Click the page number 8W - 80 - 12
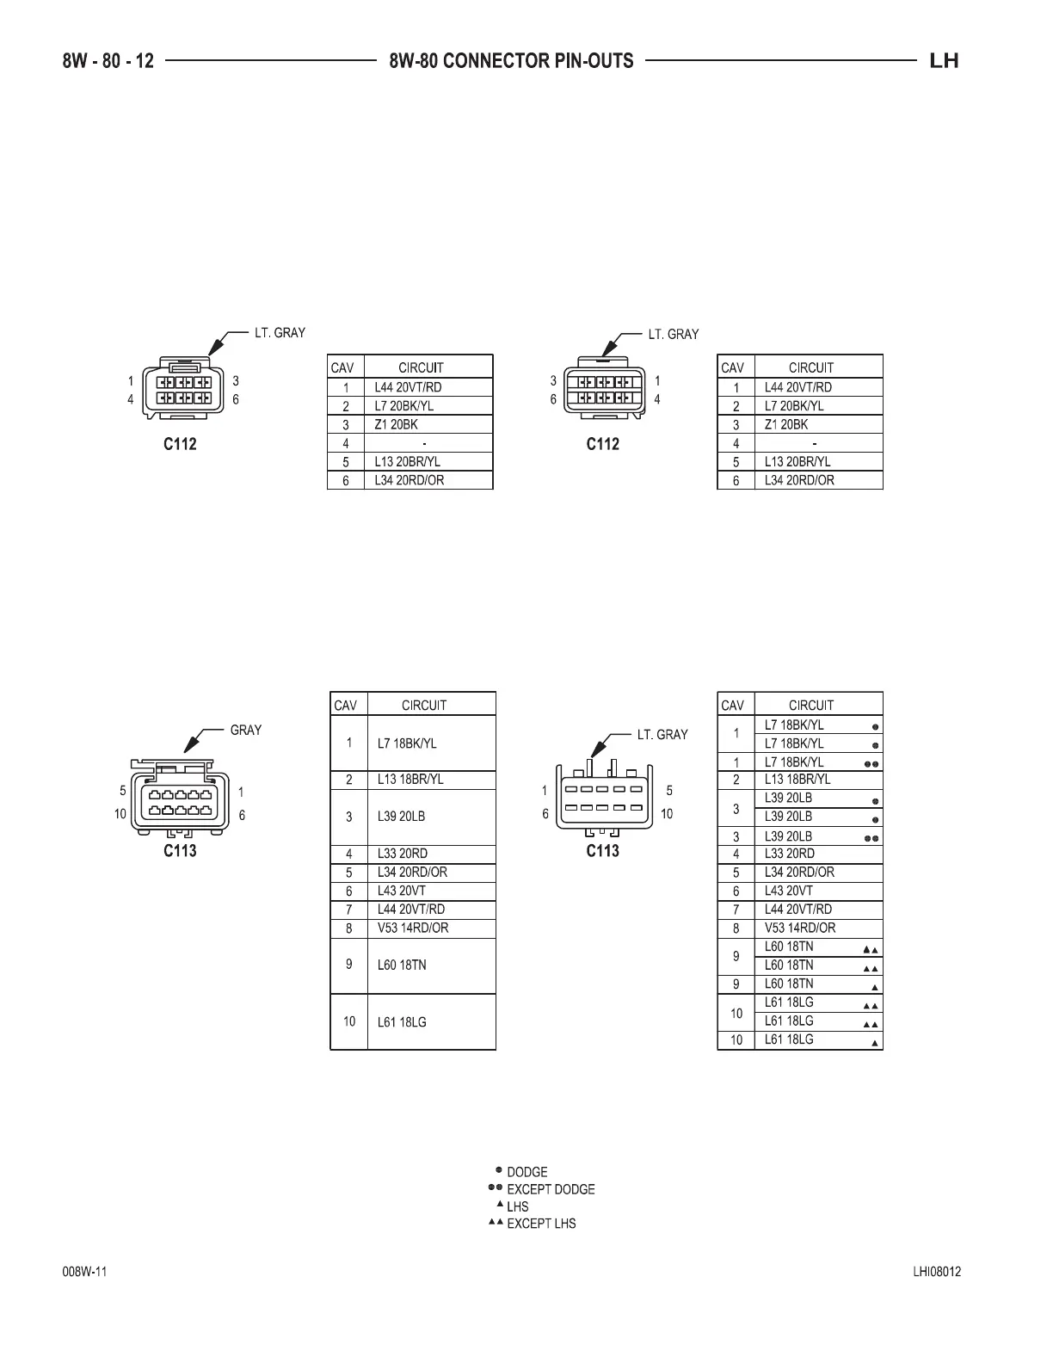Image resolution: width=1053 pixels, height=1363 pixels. [108, 61]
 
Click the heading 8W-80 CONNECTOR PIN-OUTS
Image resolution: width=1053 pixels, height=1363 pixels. [511, 61]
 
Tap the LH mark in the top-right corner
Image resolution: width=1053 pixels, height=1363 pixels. [944, 61]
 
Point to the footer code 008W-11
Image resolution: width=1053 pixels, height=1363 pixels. [84, 1273]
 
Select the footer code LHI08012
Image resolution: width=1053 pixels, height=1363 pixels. [937, 1273]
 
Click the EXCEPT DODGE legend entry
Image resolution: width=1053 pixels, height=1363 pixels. [551, 1189]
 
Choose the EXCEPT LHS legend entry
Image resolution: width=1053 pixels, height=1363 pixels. [541, 1224]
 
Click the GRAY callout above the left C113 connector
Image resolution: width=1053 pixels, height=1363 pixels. [245, 731]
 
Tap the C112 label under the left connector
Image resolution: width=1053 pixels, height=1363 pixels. [180, 444]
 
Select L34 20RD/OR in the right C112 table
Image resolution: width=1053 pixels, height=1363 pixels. [799, 480]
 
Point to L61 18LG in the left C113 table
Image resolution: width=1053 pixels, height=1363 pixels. [402, 1022]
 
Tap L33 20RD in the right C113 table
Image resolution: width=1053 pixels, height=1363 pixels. [790, 854]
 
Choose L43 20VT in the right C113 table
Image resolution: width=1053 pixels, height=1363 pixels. [788, 891]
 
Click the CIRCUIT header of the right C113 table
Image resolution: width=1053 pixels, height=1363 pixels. [810, 705]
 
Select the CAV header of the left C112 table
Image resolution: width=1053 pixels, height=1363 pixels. [342, 367]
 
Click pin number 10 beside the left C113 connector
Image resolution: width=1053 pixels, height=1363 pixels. [120, 814]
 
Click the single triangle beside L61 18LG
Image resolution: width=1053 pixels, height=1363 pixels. [875, 1043]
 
